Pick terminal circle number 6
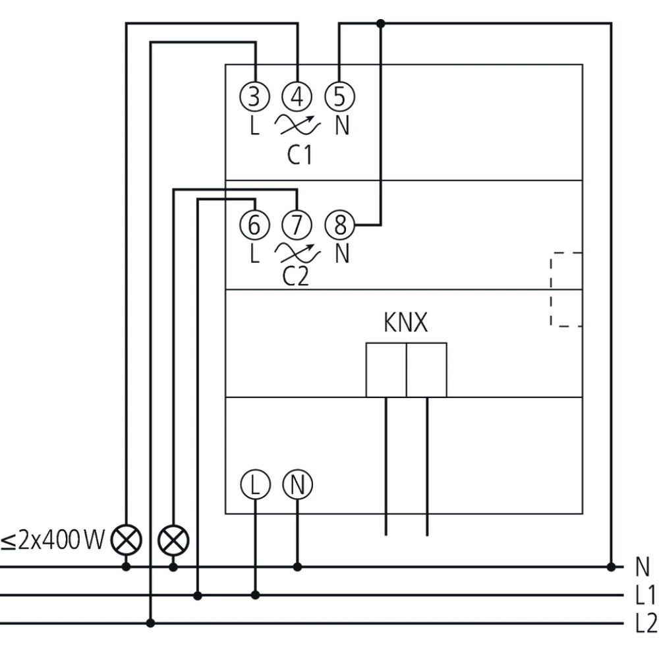tap(254, 225)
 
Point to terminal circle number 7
tap(297, 225)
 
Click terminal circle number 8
tap(339, 225)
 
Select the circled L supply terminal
tap(255, 486)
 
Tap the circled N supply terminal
tap(297, 486)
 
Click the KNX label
tap(405, 324)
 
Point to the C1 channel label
tap(299, 155)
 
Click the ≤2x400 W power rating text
tap(53, 541)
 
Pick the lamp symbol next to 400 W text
tap(126, 541)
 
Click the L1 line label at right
tap(645, 596)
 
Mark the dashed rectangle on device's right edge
tap(566, 289)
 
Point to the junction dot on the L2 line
tap(151, 623)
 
